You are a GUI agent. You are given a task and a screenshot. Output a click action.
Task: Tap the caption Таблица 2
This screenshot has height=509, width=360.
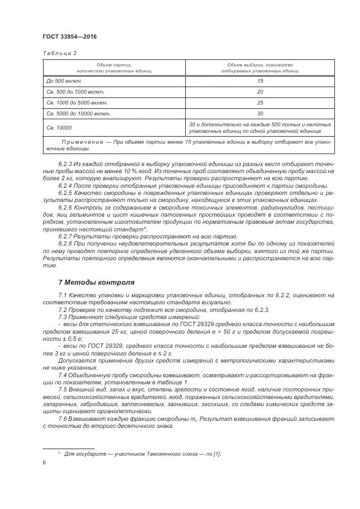point(59,53)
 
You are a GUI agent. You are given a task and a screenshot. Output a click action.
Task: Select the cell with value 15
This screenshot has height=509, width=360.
point(260,81)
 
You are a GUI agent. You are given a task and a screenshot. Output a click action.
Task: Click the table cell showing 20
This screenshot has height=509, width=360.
point(260,92)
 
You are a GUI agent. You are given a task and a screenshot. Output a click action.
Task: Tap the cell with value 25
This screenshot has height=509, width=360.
point(260,103)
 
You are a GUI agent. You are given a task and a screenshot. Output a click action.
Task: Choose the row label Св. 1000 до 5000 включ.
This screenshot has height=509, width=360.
point(77,103)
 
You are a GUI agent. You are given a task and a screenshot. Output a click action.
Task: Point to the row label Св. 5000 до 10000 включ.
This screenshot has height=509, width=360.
point(78,114)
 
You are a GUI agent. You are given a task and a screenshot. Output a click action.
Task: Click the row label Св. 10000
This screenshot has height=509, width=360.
point(59,128)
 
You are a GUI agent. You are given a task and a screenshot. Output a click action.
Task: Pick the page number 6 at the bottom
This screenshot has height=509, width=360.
point(44,462)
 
